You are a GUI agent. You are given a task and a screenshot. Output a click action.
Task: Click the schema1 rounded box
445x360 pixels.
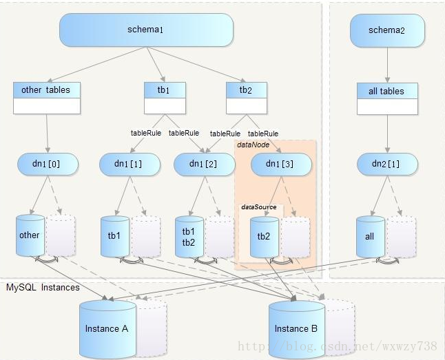[x=146, y=30]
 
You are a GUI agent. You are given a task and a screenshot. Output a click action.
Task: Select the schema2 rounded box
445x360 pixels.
[x=387, y=31]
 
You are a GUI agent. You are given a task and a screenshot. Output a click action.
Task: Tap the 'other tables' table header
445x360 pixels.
[x=47, y=90]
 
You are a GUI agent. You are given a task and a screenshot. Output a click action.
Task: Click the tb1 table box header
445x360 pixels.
[x=165, y=90]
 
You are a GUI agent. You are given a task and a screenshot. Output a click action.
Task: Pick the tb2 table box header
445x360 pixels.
[x=247, y=90]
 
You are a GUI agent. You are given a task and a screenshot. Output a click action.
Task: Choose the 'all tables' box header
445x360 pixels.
[x=387, y=91]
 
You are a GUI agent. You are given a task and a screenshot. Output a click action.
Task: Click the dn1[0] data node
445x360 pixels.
[x=48, y=164]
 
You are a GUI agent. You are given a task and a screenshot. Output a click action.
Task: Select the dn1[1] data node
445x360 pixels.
[x=130, y=165]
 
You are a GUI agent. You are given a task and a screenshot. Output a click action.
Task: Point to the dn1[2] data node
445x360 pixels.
[x=205, y=165]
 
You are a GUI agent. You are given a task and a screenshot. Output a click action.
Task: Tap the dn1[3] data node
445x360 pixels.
[x=281, y=165]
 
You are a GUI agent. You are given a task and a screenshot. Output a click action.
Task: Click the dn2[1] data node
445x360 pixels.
[x=387, y=165]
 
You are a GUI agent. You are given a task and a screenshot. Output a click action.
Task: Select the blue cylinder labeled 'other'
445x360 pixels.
[x=30, y=235]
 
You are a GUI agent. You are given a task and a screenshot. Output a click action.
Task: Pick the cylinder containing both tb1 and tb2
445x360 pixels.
[x=189, y=237]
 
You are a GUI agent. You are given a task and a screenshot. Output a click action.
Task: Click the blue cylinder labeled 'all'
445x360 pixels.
[x=371, y=237]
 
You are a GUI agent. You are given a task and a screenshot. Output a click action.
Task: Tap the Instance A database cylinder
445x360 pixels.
[x=107, y=329]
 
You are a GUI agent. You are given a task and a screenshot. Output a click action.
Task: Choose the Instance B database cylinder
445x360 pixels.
[x=297, y=329]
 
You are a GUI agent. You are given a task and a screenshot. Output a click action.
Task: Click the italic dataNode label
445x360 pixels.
[x=253, y=145]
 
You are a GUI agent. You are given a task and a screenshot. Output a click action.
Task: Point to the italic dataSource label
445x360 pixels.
[x=259, y=207]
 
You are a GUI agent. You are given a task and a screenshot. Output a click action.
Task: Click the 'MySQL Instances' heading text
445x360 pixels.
[x=43, y=287]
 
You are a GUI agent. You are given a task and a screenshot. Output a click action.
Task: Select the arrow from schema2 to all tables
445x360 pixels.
[x=387, y=65]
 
